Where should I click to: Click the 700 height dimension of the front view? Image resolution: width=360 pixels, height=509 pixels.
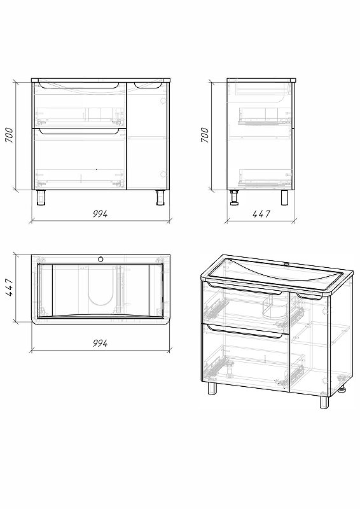pyautogui.click(x=10, y=135)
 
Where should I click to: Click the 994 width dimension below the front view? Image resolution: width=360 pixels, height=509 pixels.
pyautogui.click(x=100, y=214)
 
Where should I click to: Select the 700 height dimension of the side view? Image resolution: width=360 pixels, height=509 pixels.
pyautogui.click(x=205, y=135)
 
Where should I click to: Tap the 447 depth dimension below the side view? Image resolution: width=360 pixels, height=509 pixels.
pyautogui.click(x=261, y=214)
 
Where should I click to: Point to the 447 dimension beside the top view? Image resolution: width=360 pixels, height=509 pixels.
pyautogui.click(x=10, y=287)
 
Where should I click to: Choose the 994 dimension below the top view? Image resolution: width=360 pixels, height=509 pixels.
pyautogui.click(x=100, y=343)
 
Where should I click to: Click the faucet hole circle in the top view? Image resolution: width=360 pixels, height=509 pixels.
pyautogui.click(x=100, y=259)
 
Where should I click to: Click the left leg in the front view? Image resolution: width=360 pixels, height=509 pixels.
pyautogui.click(x=41, y=198)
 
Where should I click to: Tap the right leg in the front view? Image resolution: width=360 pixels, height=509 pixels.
pyautogui.click(x=161, y=198)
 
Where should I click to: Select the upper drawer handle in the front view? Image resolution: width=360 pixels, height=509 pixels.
pyautogui.click(x=80, y=85)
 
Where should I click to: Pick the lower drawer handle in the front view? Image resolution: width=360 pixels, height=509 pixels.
pyautogui.click(x=80, y=131)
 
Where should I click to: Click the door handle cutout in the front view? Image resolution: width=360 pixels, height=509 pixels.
pyautogui.click(x=148, y=85)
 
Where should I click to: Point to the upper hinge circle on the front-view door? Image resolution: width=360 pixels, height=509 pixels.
pyautogui.click(x=163, y=101)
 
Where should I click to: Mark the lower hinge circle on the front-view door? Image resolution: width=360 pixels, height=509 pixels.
pyautogui.click(x=163, y=174)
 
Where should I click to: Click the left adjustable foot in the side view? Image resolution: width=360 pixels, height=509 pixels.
pyautogui.click(x=234, y=198)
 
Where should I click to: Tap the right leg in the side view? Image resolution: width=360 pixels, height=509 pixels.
pyautogui.click(x=284, y=198)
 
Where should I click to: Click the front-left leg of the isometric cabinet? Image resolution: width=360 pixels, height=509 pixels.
pyautogui.click(x=212, y=388)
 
